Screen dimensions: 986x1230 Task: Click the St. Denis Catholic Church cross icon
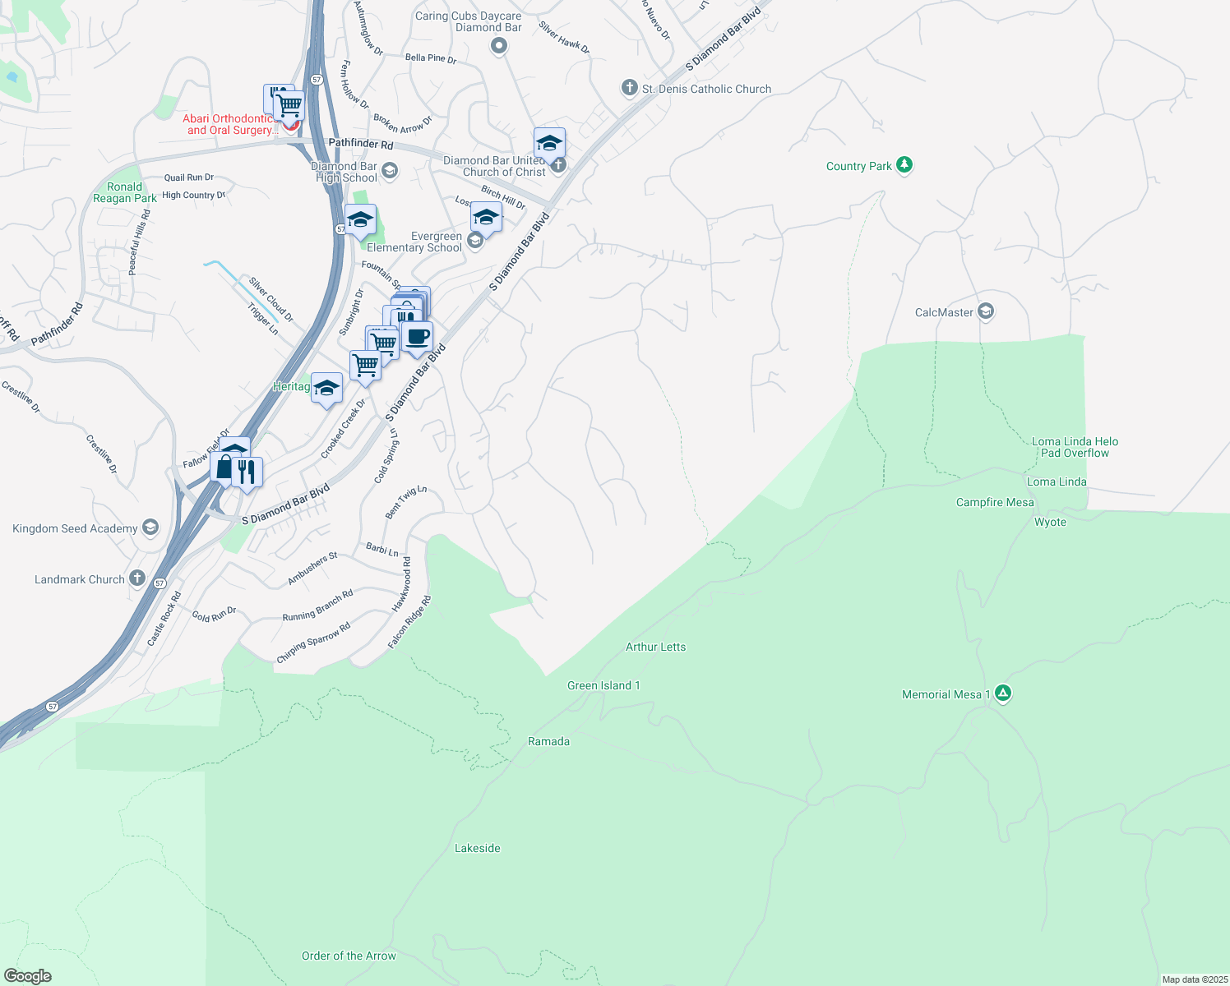629,88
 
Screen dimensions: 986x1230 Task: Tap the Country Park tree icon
904,165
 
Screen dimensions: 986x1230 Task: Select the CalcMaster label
944,312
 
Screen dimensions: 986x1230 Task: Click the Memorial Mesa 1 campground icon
1002,693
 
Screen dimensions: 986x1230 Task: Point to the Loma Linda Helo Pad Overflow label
1075,447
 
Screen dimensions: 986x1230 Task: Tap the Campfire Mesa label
994,502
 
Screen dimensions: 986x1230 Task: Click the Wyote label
1050,522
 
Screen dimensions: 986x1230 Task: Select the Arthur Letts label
655,647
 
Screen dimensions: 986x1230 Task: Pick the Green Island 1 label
603,685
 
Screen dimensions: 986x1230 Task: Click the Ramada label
548,741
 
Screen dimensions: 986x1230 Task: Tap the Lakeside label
477,848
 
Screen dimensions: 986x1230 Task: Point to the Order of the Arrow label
349,956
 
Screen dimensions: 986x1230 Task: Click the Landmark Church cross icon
137,578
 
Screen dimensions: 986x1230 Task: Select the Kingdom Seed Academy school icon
150,528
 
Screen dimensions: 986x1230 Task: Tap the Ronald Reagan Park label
124,192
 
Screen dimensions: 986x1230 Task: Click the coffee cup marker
418,336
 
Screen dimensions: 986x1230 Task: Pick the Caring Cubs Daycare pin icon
498,46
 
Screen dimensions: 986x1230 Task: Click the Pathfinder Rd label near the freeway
360,144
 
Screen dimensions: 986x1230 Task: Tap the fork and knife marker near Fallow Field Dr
247,472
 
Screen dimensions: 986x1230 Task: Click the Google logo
27,975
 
